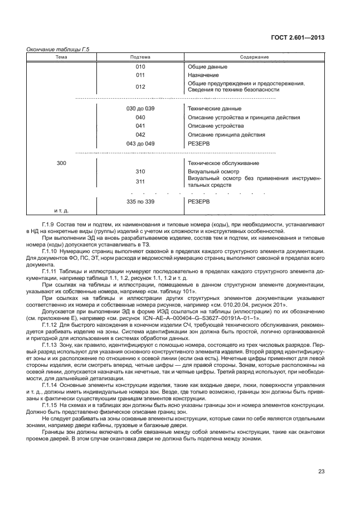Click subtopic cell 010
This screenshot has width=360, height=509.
click(140, 66)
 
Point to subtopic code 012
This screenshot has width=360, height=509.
click(140, 86)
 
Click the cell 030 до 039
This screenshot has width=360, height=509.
click(140, 108)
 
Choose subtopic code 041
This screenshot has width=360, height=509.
click(140, 126)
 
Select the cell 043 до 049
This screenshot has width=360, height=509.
click(140, 143)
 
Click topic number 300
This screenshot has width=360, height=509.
click(61, 163)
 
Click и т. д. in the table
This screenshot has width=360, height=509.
click(61, 211)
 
